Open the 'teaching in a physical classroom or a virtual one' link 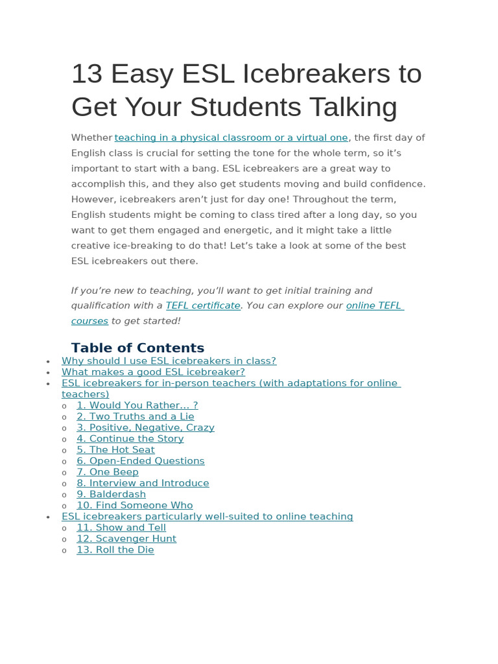coord(231,137)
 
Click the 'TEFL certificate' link coord(203,305)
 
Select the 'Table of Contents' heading coord(137,348)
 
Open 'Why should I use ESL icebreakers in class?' coord(169,361)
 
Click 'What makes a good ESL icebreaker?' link coord(153,372)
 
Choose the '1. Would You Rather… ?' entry coord(137,405)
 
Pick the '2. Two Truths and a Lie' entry coord(135,416)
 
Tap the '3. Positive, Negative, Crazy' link coord(145,428)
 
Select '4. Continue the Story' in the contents coord(130,439)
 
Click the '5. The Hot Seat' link coord(115,450)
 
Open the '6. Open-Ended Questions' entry coord(140,461)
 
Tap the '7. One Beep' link coord(107,472)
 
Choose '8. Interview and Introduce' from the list coord(143,483)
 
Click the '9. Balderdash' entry coord(111,494)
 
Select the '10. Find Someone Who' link coord(134,505)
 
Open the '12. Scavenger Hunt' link coord(126,539)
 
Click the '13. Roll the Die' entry coord(115,550)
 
